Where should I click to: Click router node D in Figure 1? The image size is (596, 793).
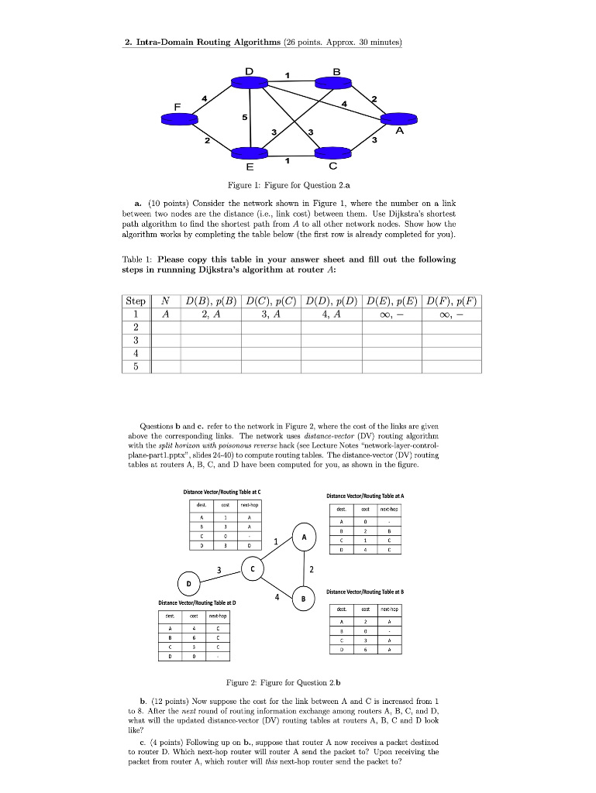(x=250, y=83)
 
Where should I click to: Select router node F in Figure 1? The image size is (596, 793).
(x=180, y=118)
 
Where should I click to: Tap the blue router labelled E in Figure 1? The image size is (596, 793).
(x=250, y=153)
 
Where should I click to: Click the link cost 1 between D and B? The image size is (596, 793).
(x=287, y=75)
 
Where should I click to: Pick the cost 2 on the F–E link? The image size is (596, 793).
(x=207, y=142)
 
